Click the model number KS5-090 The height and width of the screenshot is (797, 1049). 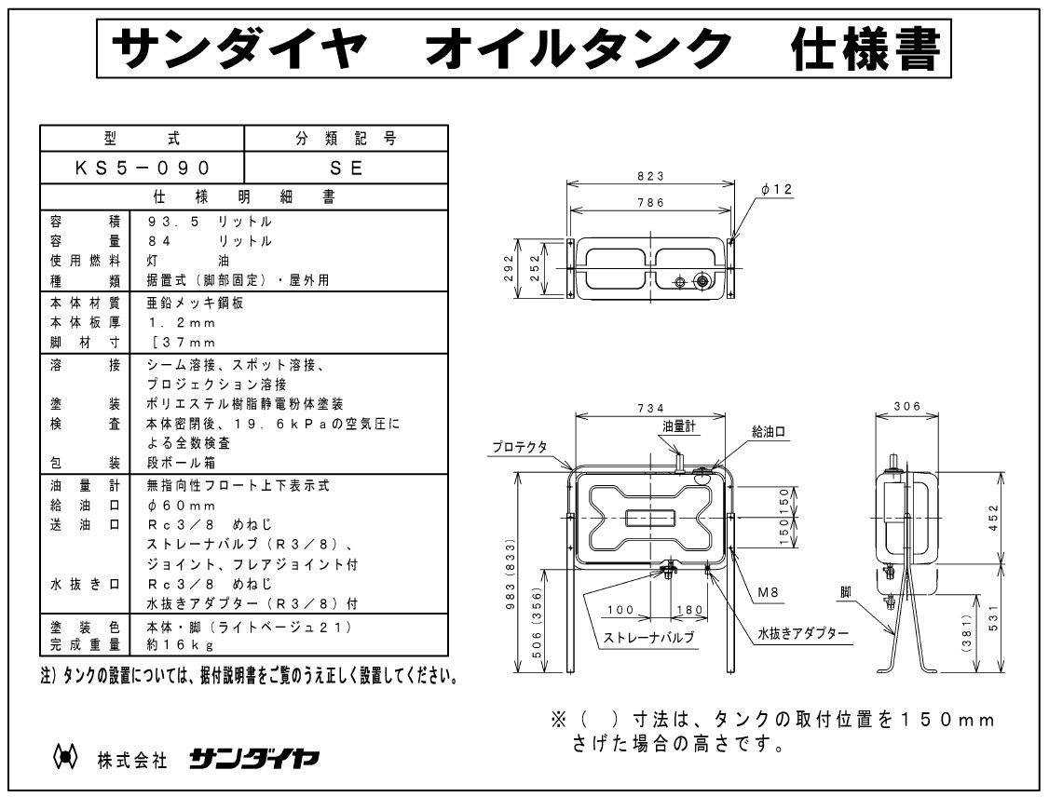[142, 168]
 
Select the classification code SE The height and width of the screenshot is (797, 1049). [346, 168]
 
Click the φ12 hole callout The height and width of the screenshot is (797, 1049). [775, 189]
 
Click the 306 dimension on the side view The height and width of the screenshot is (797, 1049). [906, 407]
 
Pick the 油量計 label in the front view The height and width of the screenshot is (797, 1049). [678, 425]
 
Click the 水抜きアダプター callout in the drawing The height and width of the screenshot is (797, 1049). [802, 633]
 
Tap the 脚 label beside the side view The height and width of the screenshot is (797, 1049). [844, 591]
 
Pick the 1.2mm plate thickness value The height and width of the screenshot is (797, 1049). [182, 323]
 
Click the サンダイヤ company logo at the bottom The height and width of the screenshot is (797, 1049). [253, 759]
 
